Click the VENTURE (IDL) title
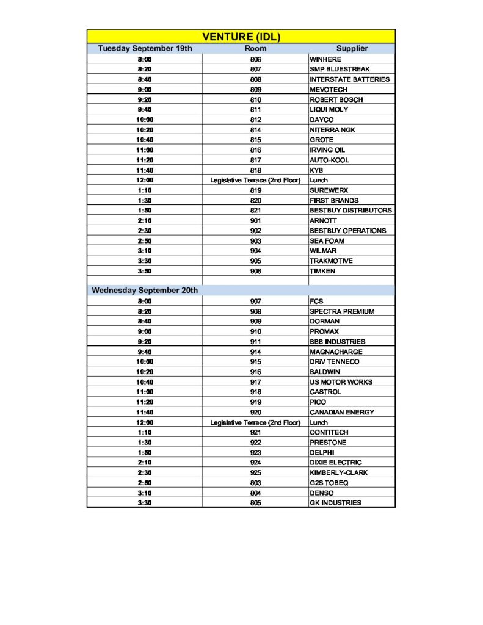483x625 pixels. click(241, 37)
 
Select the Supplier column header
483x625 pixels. click(352, 48)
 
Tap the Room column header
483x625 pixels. click(255, 48)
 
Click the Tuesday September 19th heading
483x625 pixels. click(145, 48)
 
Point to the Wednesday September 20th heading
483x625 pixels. click(145, 291)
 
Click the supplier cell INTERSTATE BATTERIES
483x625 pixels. click(349, 79)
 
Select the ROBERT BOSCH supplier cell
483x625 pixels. click(336, 99)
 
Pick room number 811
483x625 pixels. click(255, 109)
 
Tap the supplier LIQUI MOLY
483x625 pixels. click(329, 109)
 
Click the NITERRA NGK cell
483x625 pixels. click(332, 130)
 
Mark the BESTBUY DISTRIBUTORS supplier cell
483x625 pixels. click(350, 211)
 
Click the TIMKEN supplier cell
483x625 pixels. click(322, 271)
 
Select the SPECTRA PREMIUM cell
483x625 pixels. click(342, 311)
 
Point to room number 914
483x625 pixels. click(255, 352)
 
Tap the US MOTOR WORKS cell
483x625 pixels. click(341, 382)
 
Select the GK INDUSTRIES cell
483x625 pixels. click(335, 503)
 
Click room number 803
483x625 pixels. click(255, 483)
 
